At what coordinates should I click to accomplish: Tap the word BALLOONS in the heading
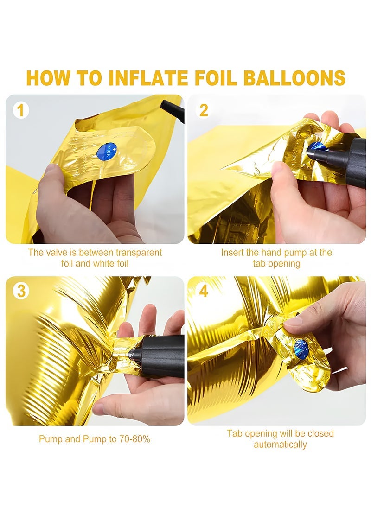[294, 78]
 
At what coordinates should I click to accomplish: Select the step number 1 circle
[21, 110]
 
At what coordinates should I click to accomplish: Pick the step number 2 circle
[204, 110]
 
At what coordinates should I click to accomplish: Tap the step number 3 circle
[21, 291]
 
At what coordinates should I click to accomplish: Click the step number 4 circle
[204, 291]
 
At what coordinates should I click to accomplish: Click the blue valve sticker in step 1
[107, 151]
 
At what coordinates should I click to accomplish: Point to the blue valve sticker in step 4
[301, 349]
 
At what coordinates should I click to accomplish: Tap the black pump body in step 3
[162, 356]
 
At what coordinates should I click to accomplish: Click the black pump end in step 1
[172, 111]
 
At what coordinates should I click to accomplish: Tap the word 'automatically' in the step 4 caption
[280, 444]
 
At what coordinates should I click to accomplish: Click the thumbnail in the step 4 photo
[293, 321]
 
